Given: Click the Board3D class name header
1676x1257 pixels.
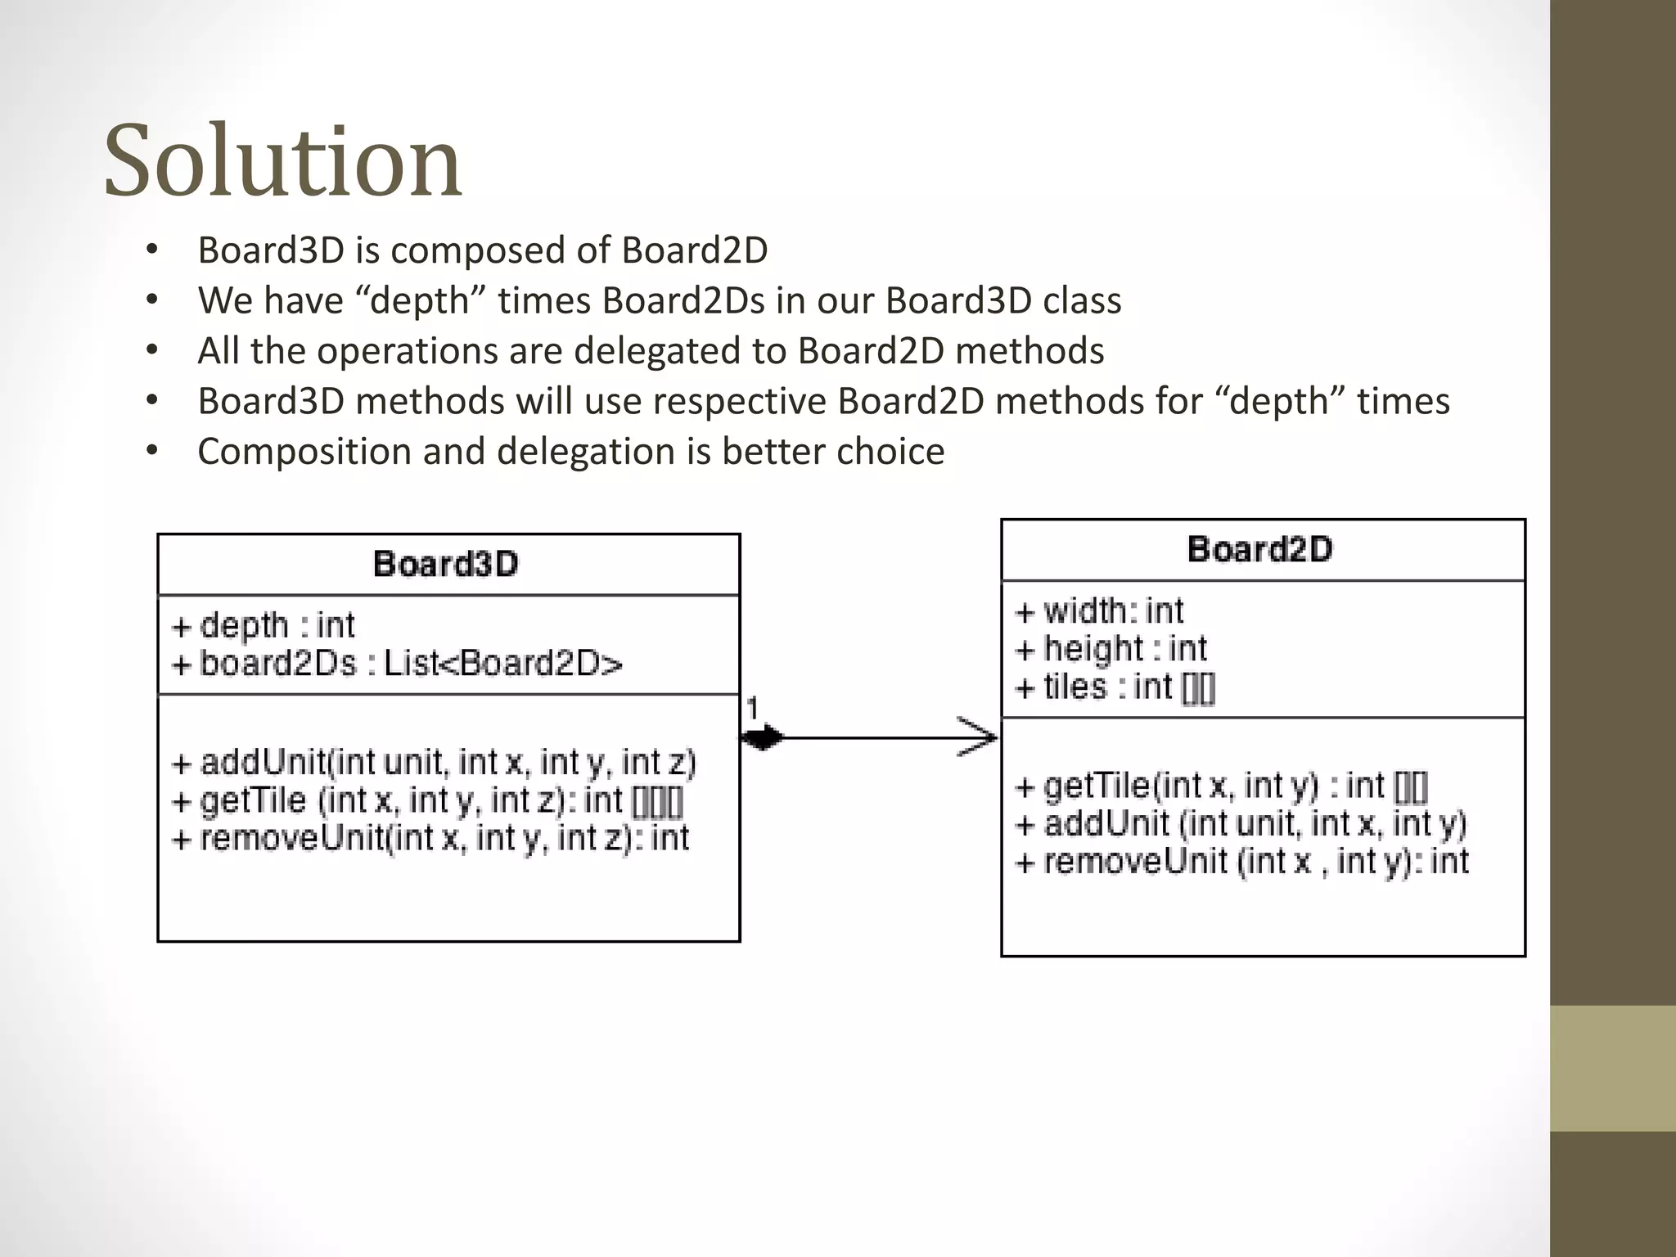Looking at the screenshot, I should point(446,564).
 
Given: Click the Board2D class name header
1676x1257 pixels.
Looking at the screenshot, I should point(1260,549).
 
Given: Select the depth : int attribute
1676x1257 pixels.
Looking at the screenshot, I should point(264,626).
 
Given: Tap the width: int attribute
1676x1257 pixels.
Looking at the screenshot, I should point(1100,611).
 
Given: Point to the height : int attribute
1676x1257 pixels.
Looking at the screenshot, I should point(1111,649).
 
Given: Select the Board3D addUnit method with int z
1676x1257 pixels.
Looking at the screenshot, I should point(434,763).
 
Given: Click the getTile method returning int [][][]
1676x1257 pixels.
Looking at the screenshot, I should point(427,800).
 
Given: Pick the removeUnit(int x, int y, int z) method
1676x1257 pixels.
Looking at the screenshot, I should point(431,838).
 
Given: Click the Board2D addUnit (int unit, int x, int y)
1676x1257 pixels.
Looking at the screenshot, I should point(1241,824).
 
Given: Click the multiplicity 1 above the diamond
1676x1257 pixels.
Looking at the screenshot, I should point(752,709).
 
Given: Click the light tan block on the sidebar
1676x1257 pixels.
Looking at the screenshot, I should point(1612,1068).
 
